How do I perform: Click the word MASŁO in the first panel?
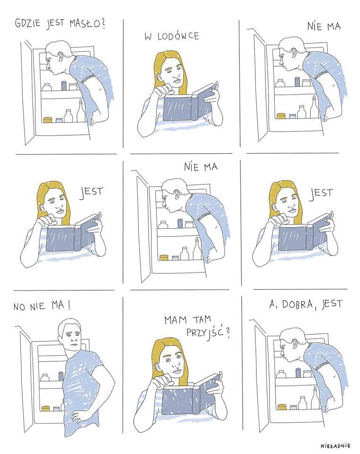pos(87,23)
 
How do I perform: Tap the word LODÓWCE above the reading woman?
pos(179,36)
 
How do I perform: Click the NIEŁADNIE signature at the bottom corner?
pos(335,446)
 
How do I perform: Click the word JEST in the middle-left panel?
pos(91,192)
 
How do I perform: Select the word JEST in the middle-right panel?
pos(321,193)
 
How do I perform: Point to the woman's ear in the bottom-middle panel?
pos(159,367)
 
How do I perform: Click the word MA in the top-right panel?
pos(334,26)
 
